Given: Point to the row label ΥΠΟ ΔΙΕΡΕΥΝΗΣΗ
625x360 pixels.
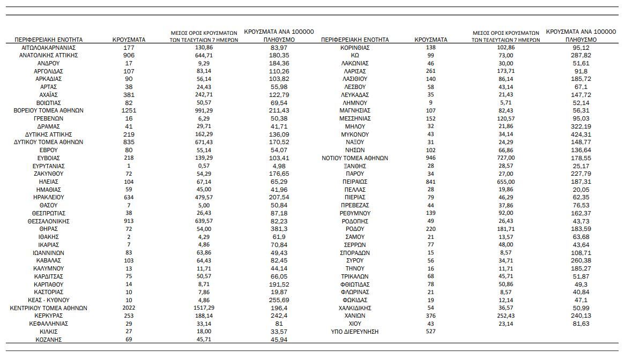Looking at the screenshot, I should click(x=355, y=332).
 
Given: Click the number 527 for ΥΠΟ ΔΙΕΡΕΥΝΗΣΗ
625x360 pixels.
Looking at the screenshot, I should click(x=431, y=332).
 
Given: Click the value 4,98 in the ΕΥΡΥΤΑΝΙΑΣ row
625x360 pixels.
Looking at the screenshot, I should click(x=281, y=166).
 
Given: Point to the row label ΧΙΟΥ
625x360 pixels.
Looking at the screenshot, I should click(x=355, y=324).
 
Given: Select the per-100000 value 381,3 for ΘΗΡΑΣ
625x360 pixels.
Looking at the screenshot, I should click(x=281, y=229).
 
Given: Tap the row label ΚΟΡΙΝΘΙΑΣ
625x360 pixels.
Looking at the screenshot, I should click(x=355, y=47).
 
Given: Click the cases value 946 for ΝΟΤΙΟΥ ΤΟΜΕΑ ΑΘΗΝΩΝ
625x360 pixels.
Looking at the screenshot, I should click(x=431, y=158).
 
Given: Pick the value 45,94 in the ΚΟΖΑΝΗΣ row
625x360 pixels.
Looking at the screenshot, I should click(x=281, y=340).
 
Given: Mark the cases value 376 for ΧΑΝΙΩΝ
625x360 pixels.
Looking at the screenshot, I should click(x=431, y=316).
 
